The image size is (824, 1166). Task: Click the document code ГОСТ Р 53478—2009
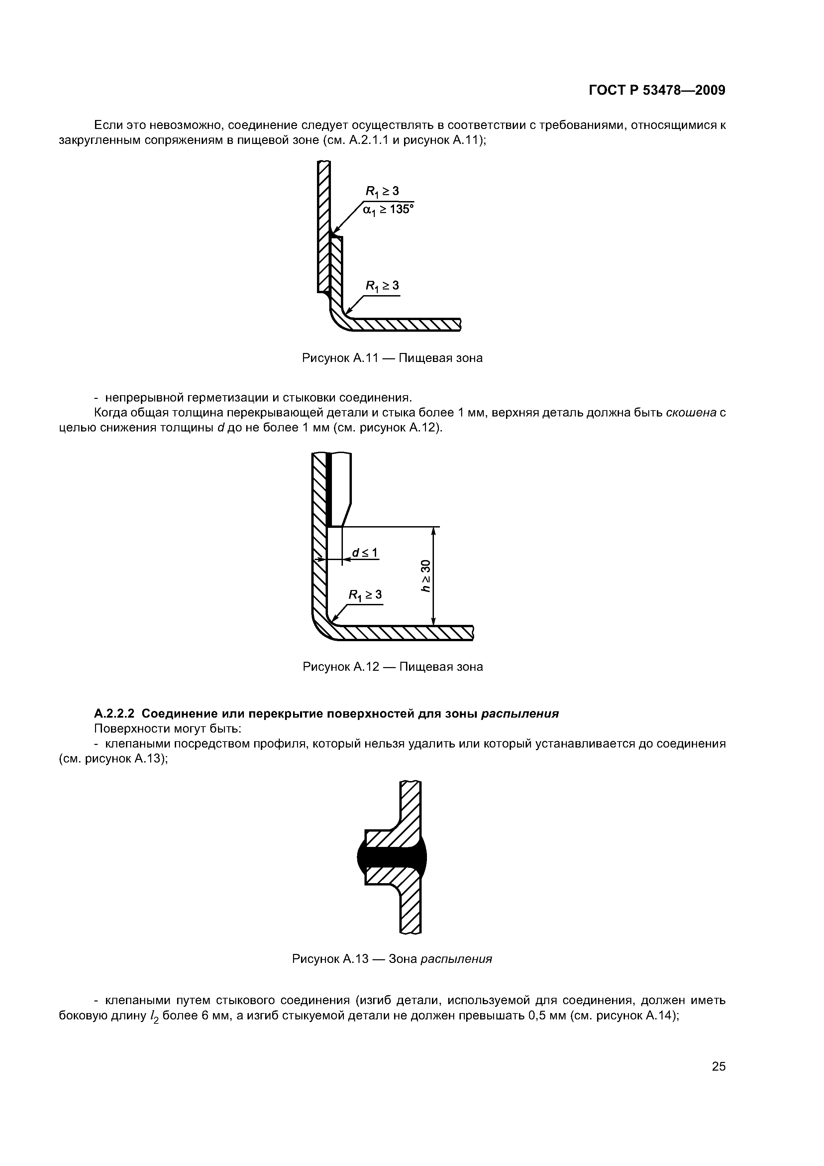657,90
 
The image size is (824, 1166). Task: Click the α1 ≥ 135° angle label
388,209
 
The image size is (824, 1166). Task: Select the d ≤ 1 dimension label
365,552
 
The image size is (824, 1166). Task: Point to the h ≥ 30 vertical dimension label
425,575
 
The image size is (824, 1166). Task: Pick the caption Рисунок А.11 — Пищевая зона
392,358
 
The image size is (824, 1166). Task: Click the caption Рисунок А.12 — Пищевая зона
392,667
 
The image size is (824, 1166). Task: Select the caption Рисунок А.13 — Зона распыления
392,959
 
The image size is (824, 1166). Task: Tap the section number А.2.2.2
114,714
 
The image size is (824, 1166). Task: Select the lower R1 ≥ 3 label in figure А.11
382,287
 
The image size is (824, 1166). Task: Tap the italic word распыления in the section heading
520,714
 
